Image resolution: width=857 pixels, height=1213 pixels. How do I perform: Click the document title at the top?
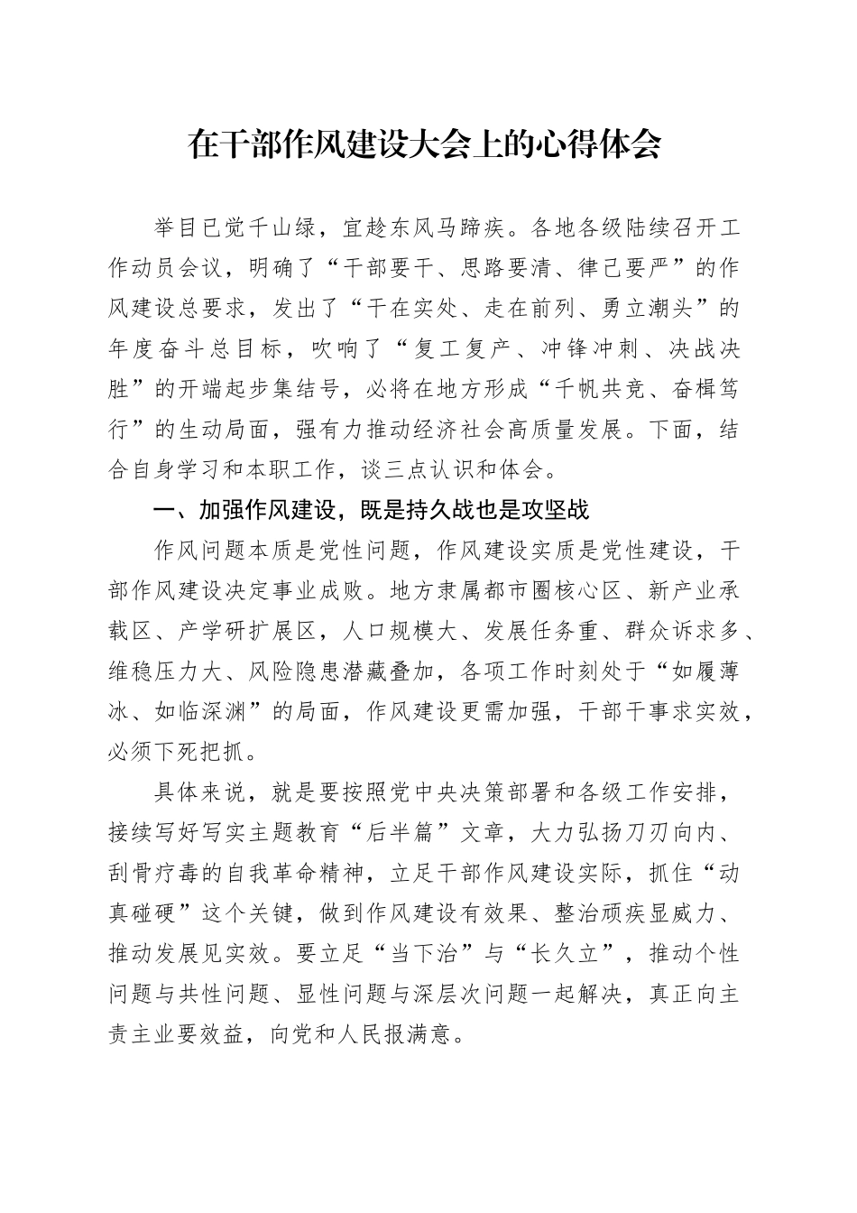click(x=425, y=144)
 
